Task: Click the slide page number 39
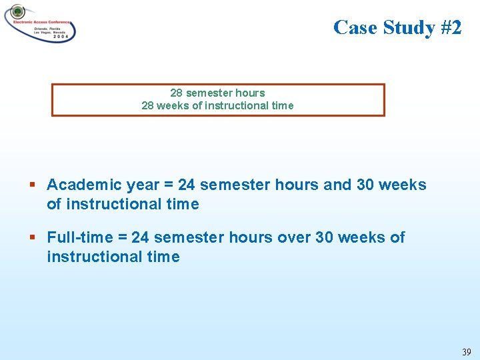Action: pyautogui.click(x=466, y=351)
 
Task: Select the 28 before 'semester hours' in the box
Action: pyautogui.click(x=177, y=93)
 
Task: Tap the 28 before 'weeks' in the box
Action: pyautogui.click(x=148, y=106)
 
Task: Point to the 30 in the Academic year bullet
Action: pyautogui.click(x=365, y=185)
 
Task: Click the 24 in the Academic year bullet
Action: pyautogui.click(x=187, y=185)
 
